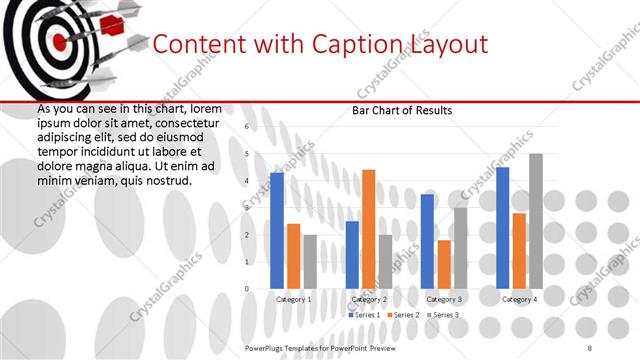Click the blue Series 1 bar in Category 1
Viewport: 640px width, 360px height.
277,231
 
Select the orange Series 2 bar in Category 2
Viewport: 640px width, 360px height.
368,229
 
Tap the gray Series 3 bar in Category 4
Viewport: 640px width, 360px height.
535,221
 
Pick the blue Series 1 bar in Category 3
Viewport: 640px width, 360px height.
427,241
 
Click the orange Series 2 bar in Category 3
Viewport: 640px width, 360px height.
443,264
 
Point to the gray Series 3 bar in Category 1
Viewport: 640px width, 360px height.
309,262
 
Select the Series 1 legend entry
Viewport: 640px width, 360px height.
364,315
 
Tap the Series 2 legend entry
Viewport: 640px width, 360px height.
403,315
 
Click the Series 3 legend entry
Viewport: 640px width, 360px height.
442,315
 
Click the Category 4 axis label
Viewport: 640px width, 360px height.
518,299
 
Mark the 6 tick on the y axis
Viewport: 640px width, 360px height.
246,127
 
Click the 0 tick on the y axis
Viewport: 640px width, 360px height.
246,289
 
